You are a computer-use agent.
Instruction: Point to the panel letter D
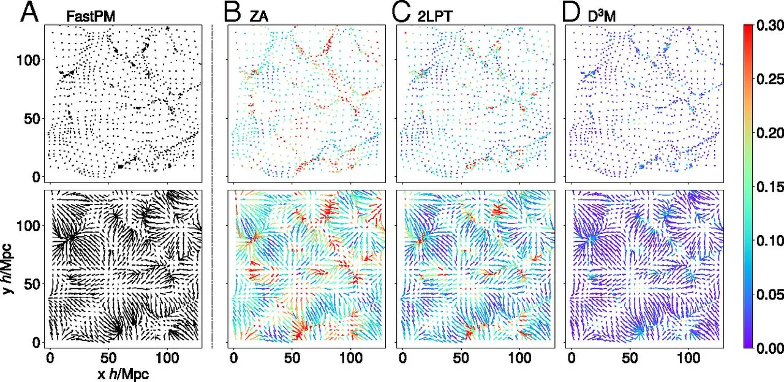click(x=571, y=12)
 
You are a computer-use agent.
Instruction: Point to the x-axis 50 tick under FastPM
click(x=108, y=356)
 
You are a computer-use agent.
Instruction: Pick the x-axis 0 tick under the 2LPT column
click(x=402, y=356)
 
